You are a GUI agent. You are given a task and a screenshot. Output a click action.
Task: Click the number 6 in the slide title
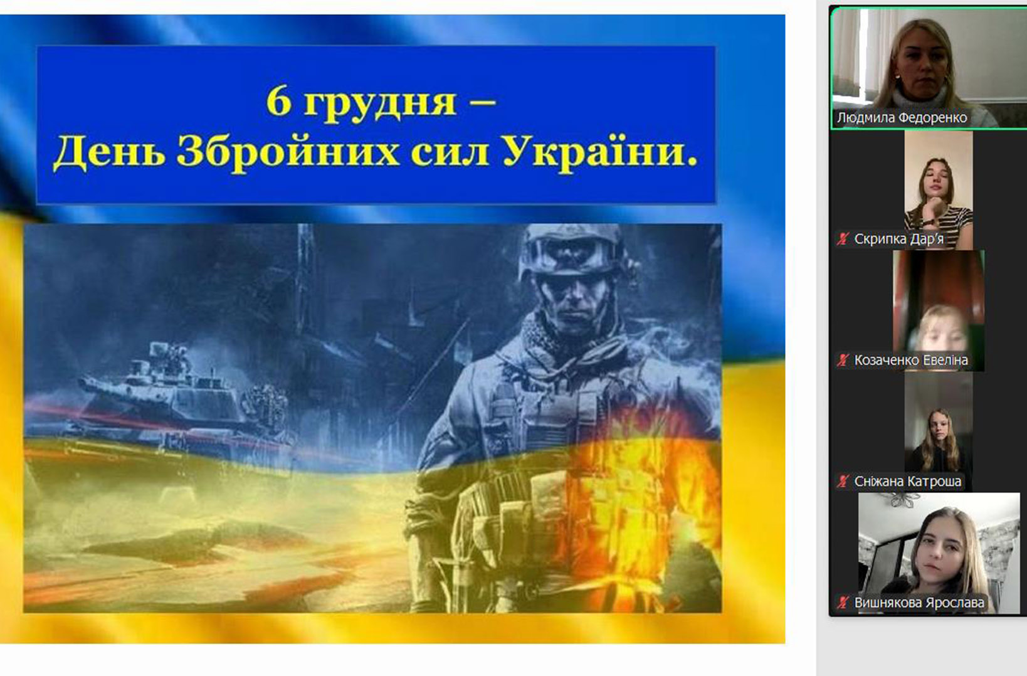[278, 102]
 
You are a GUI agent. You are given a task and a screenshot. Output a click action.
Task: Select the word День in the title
[109, 152]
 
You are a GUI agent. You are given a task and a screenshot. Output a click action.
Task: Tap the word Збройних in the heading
[288, 152]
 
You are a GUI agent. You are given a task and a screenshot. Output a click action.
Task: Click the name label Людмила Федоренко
[902, 118]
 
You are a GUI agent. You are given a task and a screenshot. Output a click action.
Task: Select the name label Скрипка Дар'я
[898, 239]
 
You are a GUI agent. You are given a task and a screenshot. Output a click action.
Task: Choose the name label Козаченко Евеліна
[911, 361]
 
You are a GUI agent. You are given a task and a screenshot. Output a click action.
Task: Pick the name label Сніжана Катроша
[908, 482]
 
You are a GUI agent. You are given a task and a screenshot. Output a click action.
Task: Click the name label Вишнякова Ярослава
[919, 603]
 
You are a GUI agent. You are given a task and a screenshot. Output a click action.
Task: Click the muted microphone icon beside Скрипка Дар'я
[842, 239]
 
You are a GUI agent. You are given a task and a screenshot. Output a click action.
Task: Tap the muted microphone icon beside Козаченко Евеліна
[842, 361]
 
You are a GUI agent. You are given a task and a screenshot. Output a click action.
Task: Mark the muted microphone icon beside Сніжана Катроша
[842, 482]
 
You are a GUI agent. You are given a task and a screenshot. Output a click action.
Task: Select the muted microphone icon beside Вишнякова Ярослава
[842, 603]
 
